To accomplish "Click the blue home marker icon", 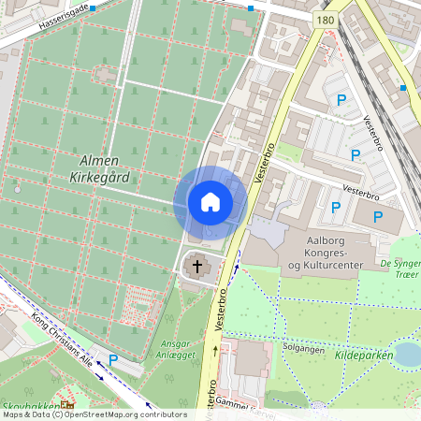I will (210, 202).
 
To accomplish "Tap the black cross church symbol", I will (197, 267).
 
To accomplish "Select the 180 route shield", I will (325, 20).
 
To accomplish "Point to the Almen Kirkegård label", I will (98, 168).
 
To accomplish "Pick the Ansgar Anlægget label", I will (175, 348).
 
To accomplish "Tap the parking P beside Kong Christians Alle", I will (113, 360).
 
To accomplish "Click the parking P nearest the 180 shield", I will (341, 99).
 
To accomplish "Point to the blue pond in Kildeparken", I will (407, 354).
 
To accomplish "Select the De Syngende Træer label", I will (400, 269).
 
